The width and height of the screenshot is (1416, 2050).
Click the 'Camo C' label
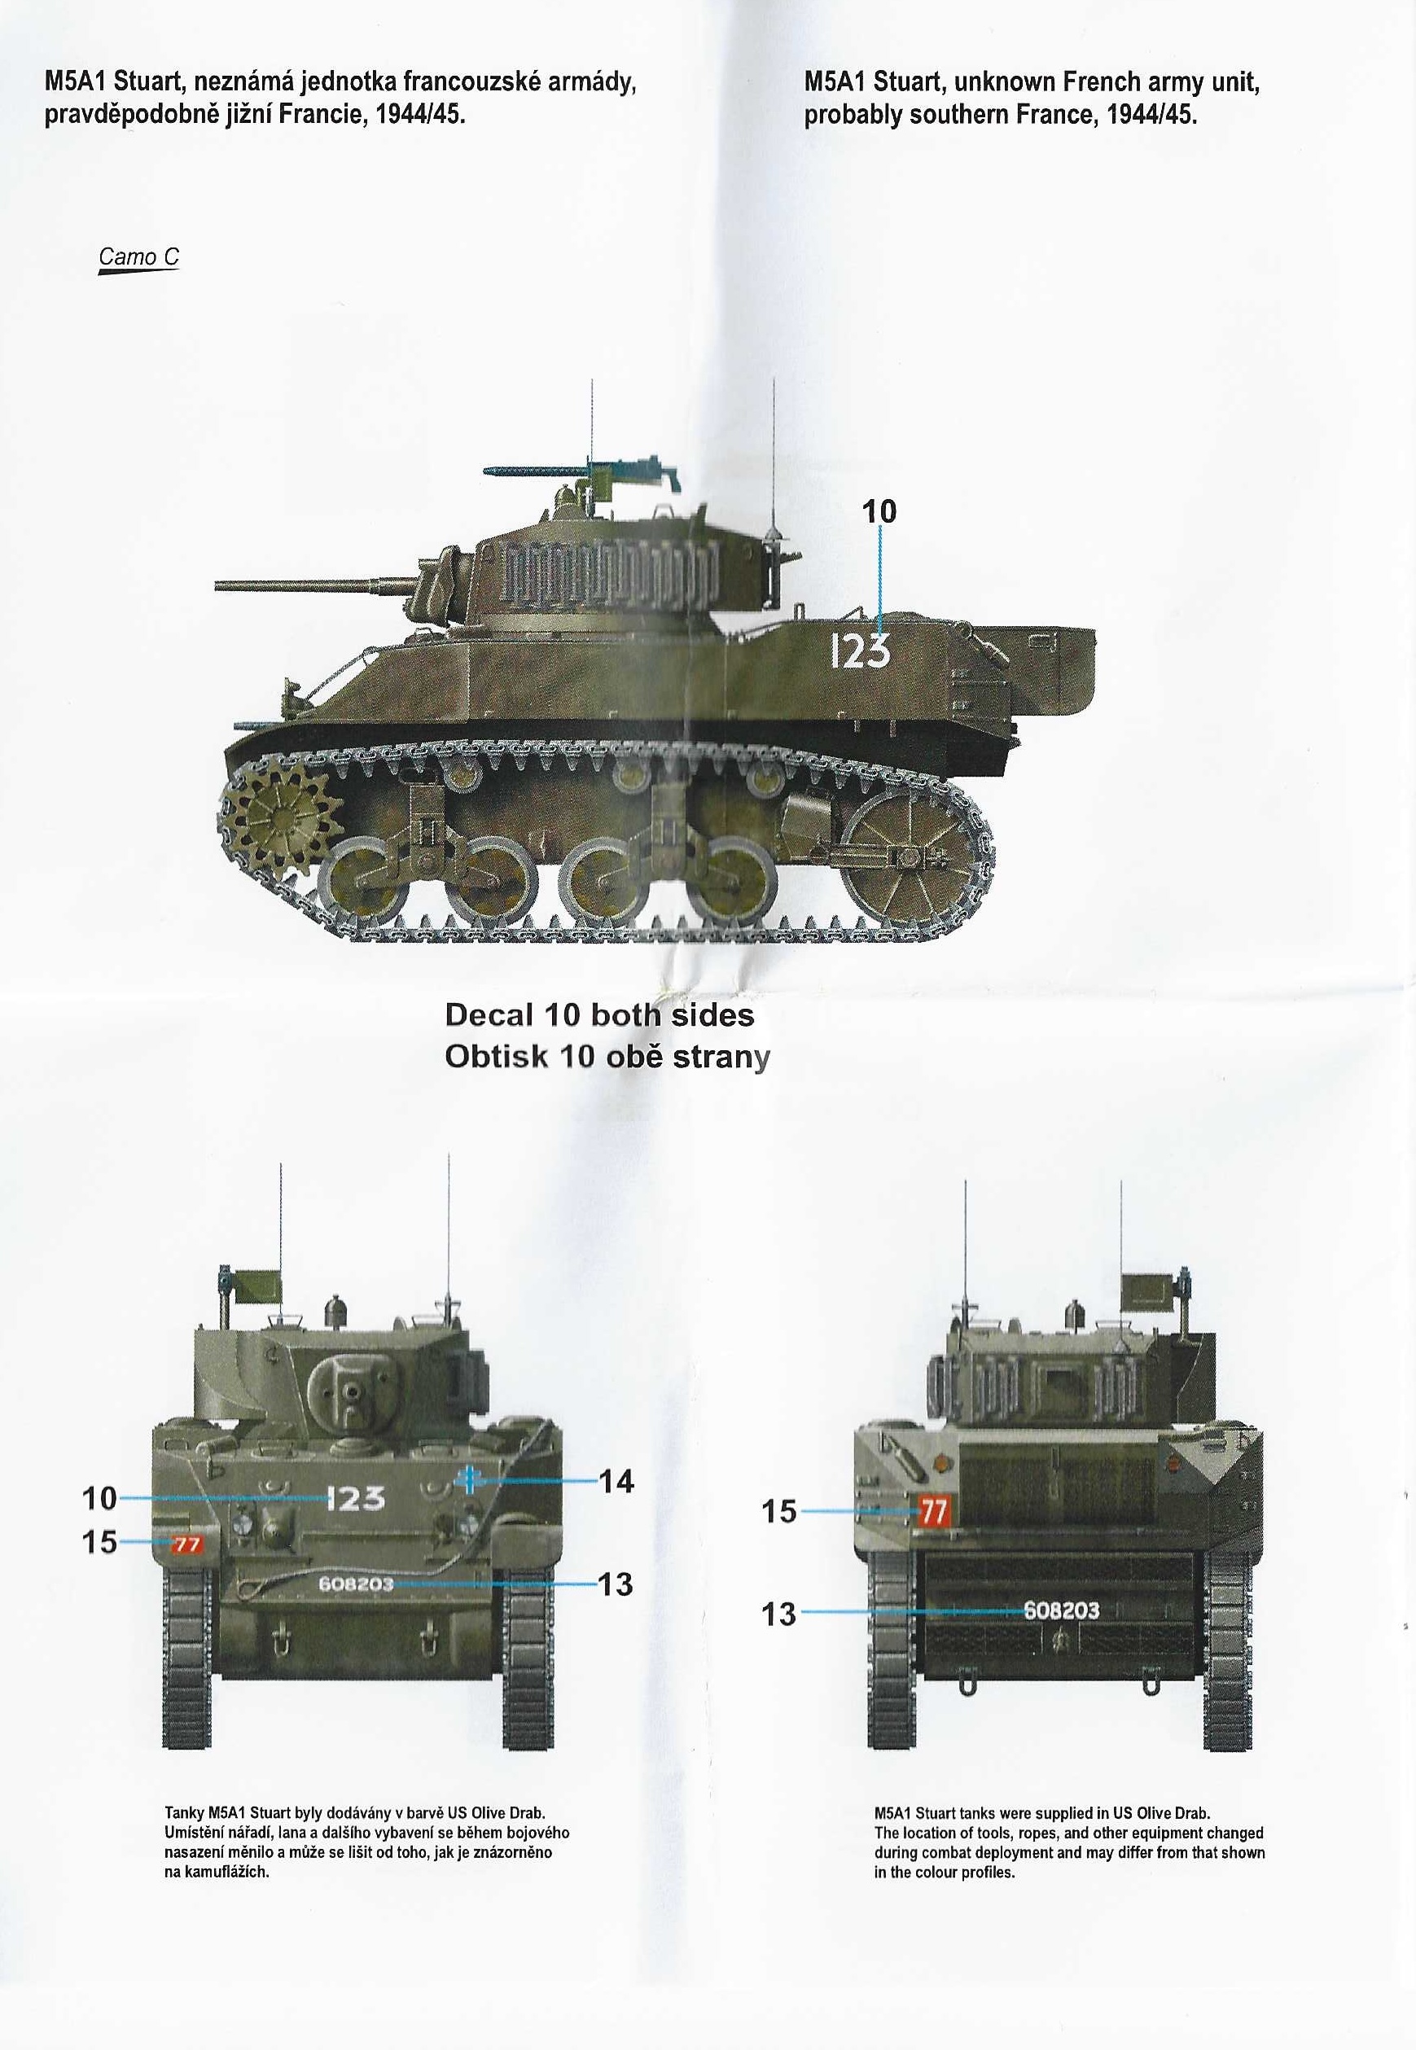[138, 257]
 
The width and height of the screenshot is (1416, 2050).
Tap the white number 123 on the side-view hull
[860, 652]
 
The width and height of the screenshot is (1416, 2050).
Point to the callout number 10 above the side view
[879, 511]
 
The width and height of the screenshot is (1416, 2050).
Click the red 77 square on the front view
[186, 1544]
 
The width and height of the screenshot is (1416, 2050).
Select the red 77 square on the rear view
[932, 1511]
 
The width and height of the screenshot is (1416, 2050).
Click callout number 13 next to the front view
[616, 1583]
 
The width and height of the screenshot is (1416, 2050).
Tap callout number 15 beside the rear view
[779, 1511]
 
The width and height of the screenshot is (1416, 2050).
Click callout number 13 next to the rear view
[779, 1614]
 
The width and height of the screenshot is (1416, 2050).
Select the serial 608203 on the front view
[356, 1583]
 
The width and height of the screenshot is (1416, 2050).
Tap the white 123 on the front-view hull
[356, 1498]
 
